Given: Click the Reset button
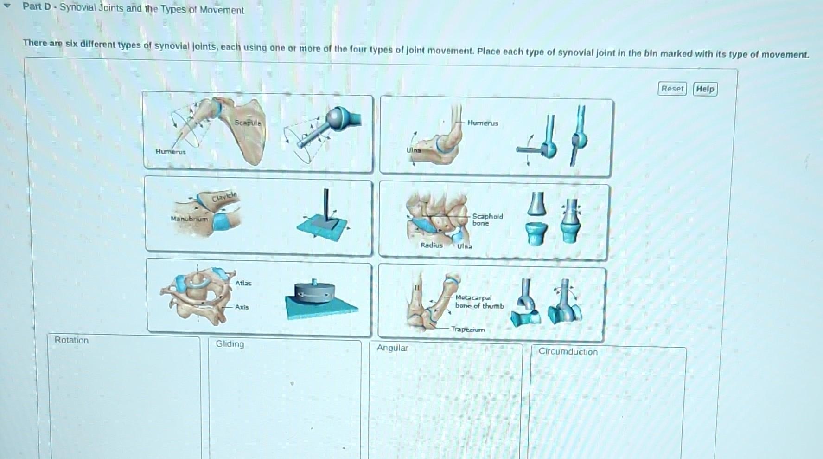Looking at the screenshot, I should [672, 89].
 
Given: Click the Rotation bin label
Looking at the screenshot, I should [71, 340].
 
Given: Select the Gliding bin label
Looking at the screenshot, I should [230, 344].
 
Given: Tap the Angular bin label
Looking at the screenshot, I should [392, 348].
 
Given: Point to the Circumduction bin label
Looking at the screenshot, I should [568, 352].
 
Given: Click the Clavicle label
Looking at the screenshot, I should [224, 197].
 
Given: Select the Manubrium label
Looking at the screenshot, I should [189, 219].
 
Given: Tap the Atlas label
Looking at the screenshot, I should [243, 283].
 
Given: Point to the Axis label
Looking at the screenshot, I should [242, 307].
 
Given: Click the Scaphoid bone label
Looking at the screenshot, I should [487, 220].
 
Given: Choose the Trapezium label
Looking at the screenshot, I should [467, 330].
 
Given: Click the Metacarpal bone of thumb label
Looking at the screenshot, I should [479, 302].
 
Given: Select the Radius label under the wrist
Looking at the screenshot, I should [431, 245].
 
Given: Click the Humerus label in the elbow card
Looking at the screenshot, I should [483, 123].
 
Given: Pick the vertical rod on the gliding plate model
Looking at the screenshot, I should [326, 204].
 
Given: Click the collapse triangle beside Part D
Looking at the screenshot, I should [7, 6].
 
